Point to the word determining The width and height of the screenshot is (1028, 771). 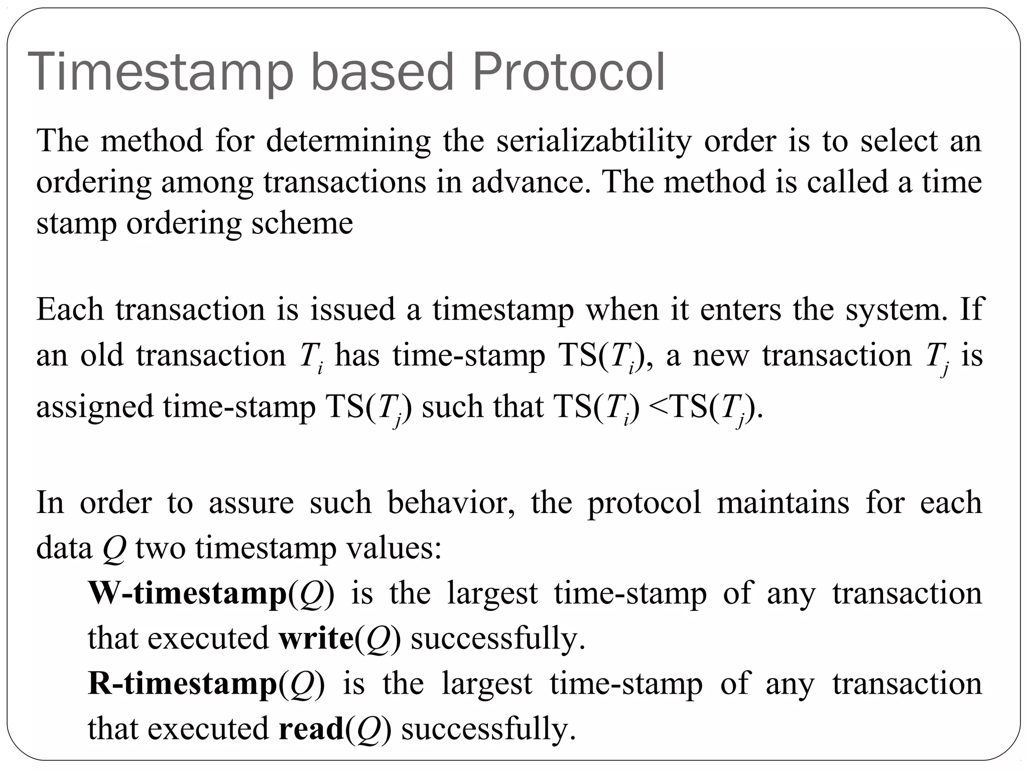click(x=348, y=142)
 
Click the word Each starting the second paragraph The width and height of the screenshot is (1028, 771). click(x=70, y=310)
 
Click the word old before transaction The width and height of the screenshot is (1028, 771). click(x=102, y=356)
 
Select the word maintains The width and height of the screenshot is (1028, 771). click(x=783, y=502)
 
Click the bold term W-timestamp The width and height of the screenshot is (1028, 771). click(x=187, y=594)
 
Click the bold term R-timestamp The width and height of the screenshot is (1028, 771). click(x=183, y=684)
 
